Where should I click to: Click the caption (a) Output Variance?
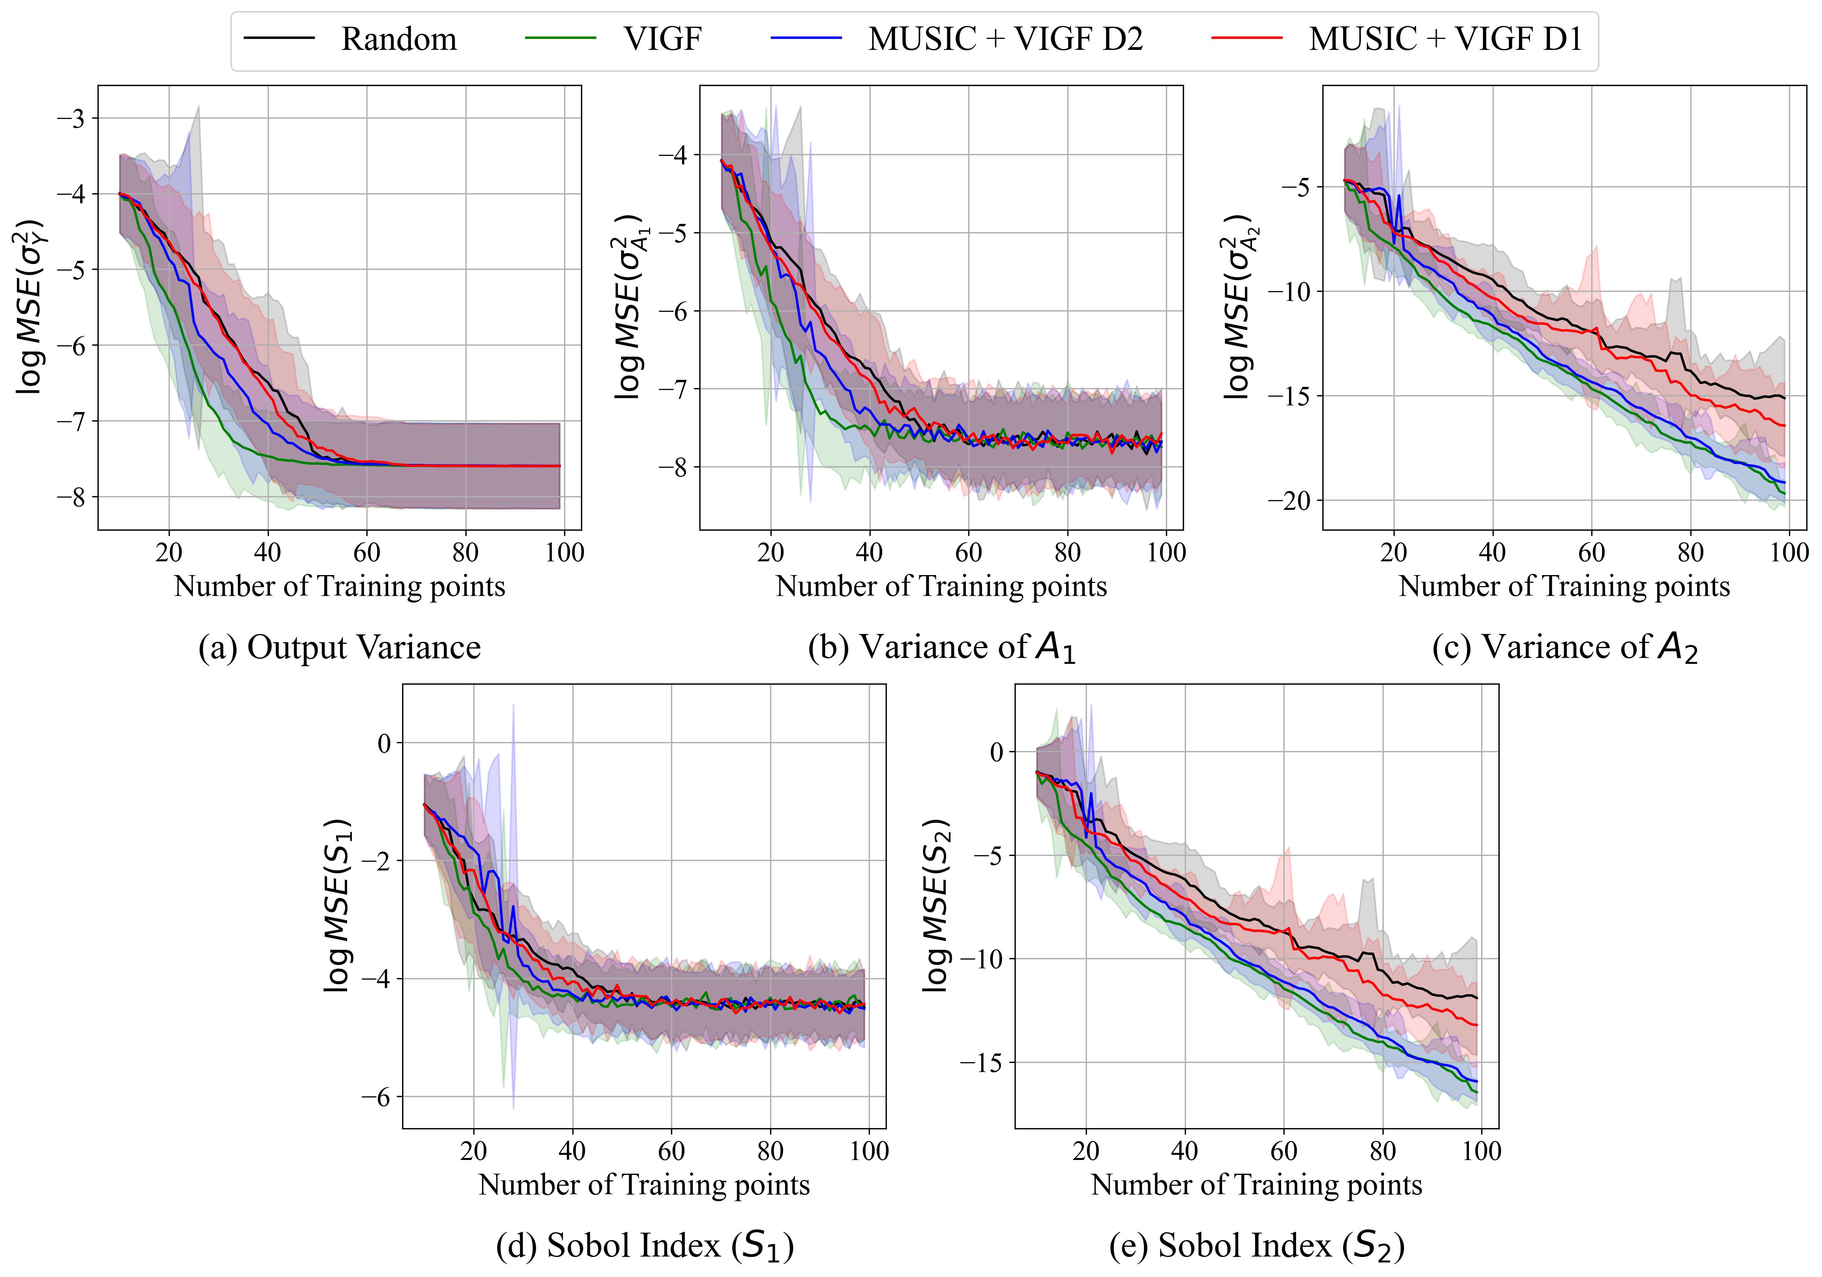(x=340, y=647)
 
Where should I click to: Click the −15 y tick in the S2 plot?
(x=981, y=1063)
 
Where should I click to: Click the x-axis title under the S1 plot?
(x=644, y=1185)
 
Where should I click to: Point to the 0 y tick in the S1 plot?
(x=384, y=743)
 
